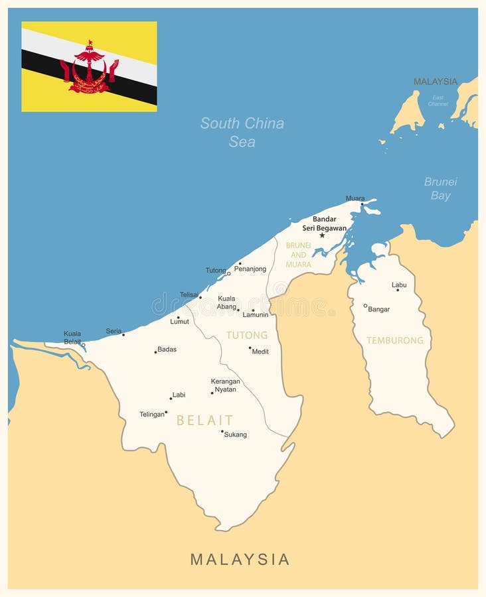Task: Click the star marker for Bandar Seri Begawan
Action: (322, 235)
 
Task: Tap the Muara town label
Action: (355, 198)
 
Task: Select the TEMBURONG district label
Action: (395, 340)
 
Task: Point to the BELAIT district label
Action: (204, 420)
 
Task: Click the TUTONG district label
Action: (247, 336)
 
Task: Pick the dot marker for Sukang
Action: (222, 431)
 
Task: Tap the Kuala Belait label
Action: (72, 338)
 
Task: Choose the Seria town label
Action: (114, 331)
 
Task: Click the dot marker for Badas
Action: (155, 352)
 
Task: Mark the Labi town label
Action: (179, 395)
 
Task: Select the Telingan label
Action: (151, 415)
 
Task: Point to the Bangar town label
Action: (378, 309)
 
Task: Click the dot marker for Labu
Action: (398, 290)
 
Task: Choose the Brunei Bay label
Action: (441, 188)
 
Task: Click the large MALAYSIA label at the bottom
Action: (240, 559)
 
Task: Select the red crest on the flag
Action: (89, 68)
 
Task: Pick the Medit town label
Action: (260, 352)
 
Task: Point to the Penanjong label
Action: (250, 269)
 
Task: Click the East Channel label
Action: (438, 100)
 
